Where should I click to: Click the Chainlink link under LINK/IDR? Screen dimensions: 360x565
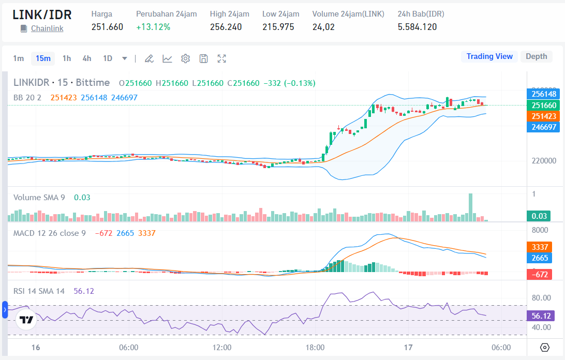pos(47,28)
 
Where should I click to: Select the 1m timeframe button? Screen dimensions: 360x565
pos(19,58)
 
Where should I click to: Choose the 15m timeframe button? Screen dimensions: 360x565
pos(43,58)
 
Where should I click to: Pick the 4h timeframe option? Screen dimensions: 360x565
pos(87,58)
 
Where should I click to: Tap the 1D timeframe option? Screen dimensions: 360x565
pos(108,58)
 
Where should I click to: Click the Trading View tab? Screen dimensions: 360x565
pos(489,56)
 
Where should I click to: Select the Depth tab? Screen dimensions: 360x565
pos(536,56)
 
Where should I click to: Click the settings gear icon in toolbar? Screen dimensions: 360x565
pos(185,58)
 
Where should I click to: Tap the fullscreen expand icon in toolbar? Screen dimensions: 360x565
pos(221,58)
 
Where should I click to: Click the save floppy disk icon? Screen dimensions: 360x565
pos(203,58)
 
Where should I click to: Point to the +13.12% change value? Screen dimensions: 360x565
pos(153,27)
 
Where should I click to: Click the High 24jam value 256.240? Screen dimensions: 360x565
pos(226,27)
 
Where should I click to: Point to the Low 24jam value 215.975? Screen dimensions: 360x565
pos(278,27)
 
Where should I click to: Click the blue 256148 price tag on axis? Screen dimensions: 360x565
pos(544,94)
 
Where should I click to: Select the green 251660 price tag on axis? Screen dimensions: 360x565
pos(544,105)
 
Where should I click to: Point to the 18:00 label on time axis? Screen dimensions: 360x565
pos(315,347)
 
